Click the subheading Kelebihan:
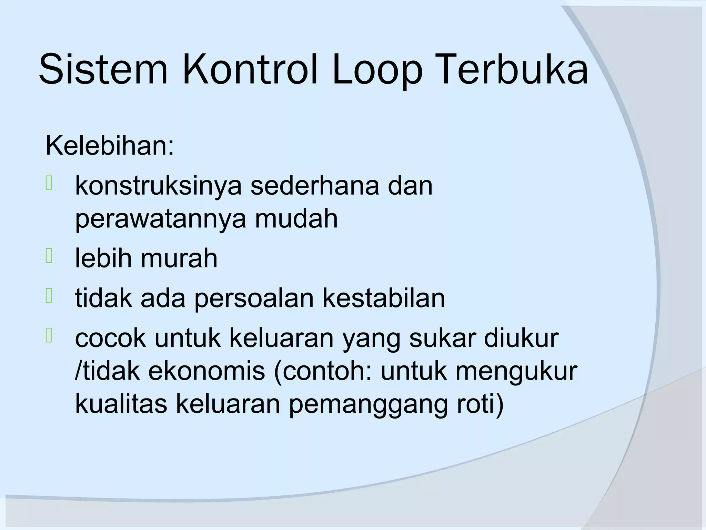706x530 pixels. (110, 146)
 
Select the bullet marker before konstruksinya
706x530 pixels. (49, 183)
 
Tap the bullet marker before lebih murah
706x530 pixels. (49, 256)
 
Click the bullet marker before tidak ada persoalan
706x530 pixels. (49, 296)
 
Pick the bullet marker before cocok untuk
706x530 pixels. (49, 336)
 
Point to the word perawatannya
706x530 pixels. (161, 220)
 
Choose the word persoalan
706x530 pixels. (254, 298)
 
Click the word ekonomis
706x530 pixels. (206, 371)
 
